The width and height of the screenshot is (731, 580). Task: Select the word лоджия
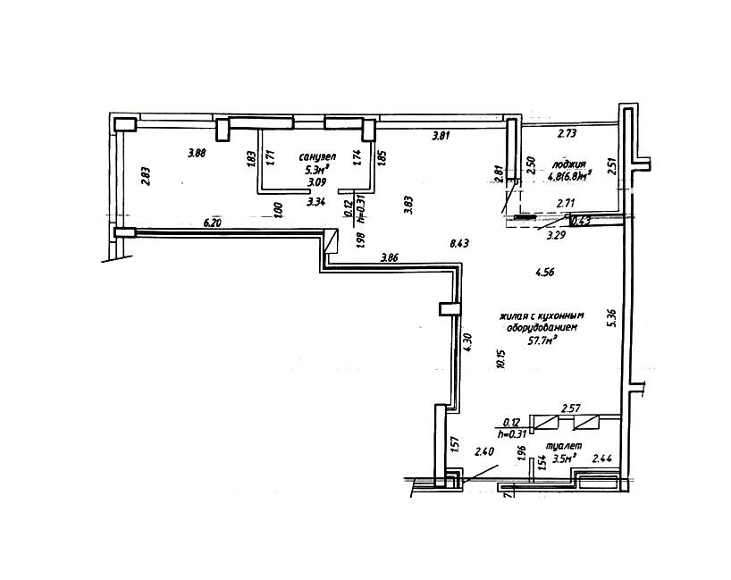tap(568, 164)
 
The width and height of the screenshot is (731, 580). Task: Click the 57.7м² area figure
tap(542, 340)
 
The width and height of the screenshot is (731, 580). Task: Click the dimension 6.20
tap(213, 223)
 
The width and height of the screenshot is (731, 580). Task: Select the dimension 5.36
tap(610, 317)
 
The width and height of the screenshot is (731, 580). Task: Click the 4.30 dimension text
tap(466, 342)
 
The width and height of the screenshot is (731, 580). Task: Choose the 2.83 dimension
tap(146, 177)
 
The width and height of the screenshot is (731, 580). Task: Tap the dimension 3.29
tap(557, 237)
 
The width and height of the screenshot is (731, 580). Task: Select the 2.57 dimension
tap(571, 408)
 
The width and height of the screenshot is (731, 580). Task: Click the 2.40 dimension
tap(484, 451)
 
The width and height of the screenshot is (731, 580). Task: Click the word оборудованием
tap(538, 327)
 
